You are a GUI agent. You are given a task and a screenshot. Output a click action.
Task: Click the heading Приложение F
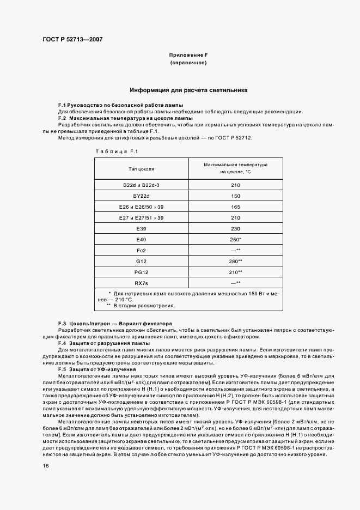188,55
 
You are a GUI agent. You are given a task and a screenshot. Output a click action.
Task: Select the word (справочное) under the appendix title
188,63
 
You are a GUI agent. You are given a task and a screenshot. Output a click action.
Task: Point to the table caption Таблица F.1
117,151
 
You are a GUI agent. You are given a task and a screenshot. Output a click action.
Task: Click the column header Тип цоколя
142,168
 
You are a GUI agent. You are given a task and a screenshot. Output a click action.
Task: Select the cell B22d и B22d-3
142,186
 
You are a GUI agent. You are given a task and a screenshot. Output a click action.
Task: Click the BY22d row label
142,197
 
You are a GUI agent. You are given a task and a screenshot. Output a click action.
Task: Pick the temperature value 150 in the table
235,197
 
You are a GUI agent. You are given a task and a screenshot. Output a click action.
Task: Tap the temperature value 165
235,208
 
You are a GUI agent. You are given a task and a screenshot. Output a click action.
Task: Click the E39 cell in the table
142,229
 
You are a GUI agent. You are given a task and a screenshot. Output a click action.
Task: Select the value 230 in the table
235,229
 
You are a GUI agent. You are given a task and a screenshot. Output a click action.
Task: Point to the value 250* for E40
235,240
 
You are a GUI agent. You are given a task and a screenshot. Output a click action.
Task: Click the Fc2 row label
142,251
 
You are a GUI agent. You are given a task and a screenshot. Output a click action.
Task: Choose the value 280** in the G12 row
235,262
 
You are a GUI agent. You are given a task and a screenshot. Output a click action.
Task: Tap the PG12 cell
142,272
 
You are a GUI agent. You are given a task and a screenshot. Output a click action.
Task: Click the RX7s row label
142,283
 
